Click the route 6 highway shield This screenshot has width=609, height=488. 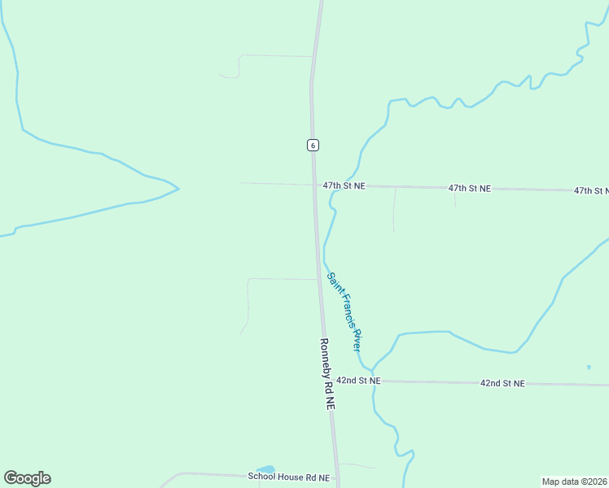click(x=313, y=145)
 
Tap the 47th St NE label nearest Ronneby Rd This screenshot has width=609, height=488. click(x=344, y=186)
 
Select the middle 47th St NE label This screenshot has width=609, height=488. click(x=470, y=189)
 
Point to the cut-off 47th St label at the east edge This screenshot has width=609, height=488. click(x=591, y=191)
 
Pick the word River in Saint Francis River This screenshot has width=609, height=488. click(x=356, y=340)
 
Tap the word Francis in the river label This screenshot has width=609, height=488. click(x=343, y=308)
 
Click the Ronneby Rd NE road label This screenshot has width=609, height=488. click(x=326, y=373)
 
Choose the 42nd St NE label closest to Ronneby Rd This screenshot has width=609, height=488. click(x=358, y=380)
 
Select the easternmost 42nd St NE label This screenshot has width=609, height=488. click(x=502, y=382)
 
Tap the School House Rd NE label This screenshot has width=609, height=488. click(x=289, y=477)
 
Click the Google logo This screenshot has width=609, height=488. click(x=27, y=478)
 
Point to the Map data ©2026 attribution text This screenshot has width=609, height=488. click(x=574, y=481)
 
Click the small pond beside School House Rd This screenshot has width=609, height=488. click(x=265, y=469)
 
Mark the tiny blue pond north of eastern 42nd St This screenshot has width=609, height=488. click(x=589, y=368)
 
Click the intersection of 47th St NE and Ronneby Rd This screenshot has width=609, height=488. click(x=315, y=185)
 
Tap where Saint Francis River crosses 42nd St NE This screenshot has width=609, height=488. click(x=375, y=381)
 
